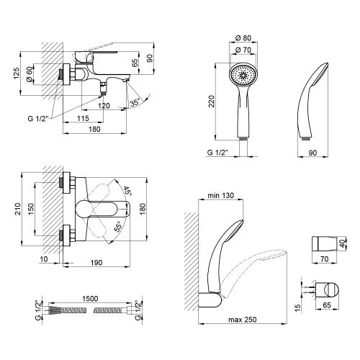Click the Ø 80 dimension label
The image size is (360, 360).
pos(243,38)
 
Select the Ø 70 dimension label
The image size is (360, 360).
pos(243,50)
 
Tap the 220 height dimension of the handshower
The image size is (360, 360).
pos(211,102)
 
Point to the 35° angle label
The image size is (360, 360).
pos(135,103)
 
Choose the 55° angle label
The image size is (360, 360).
pos(118,226)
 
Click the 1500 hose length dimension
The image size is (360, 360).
pos(90,299)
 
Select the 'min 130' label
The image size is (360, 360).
pos(220,195)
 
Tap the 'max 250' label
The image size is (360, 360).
pos(243,320)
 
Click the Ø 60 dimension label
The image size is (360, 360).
pos(29,74)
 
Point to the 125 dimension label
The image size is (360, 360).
pos(17,73)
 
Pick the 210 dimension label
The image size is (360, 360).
pos(18,209)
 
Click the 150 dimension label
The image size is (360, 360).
pos(31,210)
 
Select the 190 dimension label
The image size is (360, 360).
pos(96,263)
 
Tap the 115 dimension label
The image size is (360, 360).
pos(83,118)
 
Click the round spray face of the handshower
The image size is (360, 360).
pos(243,76)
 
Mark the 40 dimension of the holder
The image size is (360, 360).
pos(343,243)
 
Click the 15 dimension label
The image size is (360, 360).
pos(297,307)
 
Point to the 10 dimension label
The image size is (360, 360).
pos(44,259)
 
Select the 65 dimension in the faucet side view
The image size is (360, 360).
pos(135,63)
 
